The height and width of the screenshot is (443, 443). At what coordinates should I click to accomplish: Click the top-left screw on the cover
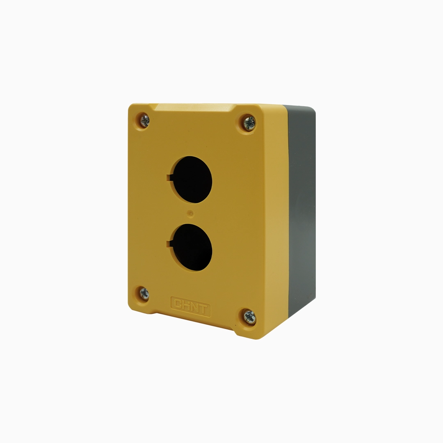pyautogui.click(x=144, y=121)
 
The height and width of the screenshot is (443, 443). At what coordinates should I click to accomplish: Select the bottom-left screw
pyautogui.click(x=144, y=293)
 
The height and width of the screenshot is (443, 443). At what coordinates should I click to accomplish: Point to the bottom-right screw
pyautogui.click(x=250, y=317)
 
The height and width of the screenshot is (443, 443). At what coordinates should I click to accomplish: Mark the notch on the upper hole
pyautogui.click(x=169, y=178)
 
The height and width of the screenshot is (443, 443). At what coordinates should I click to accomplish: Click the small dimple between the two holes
pyautogui.click(x=191, y=214)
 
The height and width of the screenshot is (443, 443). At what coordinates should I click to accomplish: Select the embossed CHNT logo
pyautogui.click(x=190, y=306)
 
